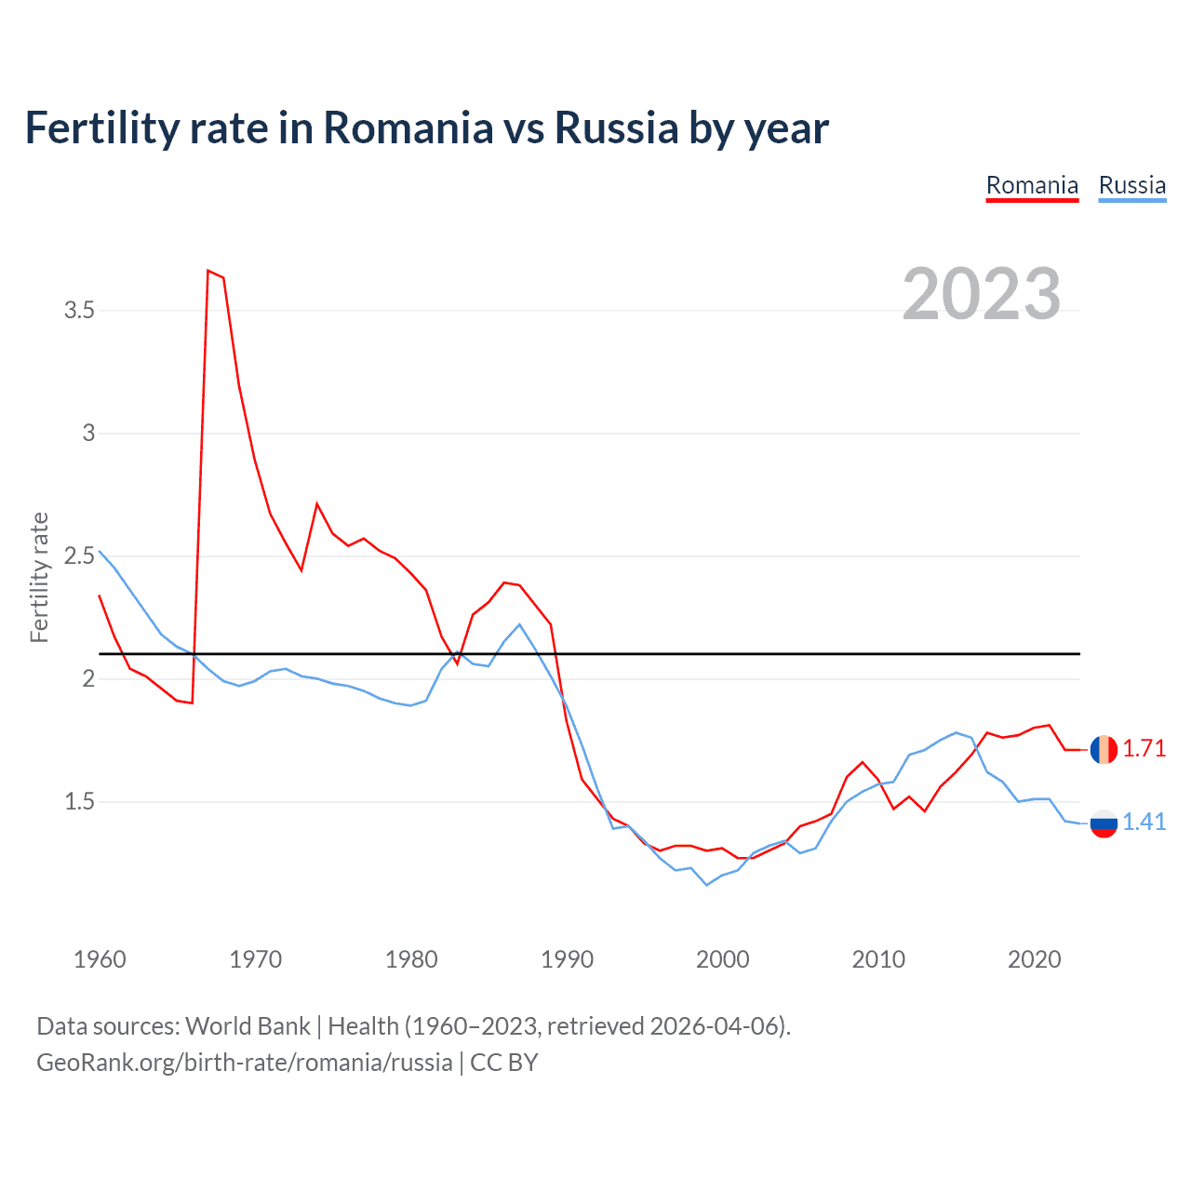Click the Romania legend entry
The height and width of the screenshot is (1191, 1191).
coord(1032,185)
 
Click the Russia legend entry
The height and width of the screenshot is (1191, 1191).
coord(1131,185)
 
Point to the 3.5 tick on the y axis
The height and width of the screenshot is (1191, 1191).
coord(80,311)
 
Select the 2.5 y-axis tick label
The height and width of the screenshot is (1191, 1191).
coord(80,556)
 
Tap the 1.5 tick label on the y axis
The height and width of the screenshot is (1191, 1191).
coord(80,802)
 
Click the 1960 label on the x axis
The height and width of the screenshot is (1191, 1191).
coord(100,959)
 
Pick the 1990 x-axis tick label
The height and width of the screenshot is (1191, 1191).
coord(567,959)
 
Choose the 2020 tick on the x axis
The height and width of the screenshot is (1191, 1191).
coord(1034,959)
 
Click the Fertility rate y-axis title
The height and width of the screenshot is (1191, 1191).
coord(39,577)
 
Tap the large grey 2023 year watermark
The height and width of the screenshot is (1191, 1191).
coord(981,294)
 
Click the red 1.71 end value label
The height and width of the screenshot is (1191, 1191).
coord(1144,749)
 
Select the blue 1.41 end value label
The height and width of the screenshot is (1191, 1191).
coord(1144,822)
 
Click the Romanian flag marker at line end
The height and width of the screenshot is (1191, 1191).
coord(1104,749)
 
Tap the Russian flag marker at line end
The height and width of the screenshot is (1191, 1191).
coord(1104,823)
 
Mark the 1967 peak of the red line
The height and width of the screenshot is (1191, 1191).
coord(208,271)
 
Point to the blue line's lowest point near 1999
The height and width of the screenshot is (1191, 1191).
coord(706,885)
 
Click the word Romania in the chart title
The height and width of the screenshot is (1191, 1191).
coord(408,128)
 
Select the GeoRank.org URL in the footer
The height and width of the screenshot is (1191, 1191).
coord(244,1063)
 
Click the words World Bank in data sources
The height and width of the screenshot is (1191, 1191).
coord(248,1026)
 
